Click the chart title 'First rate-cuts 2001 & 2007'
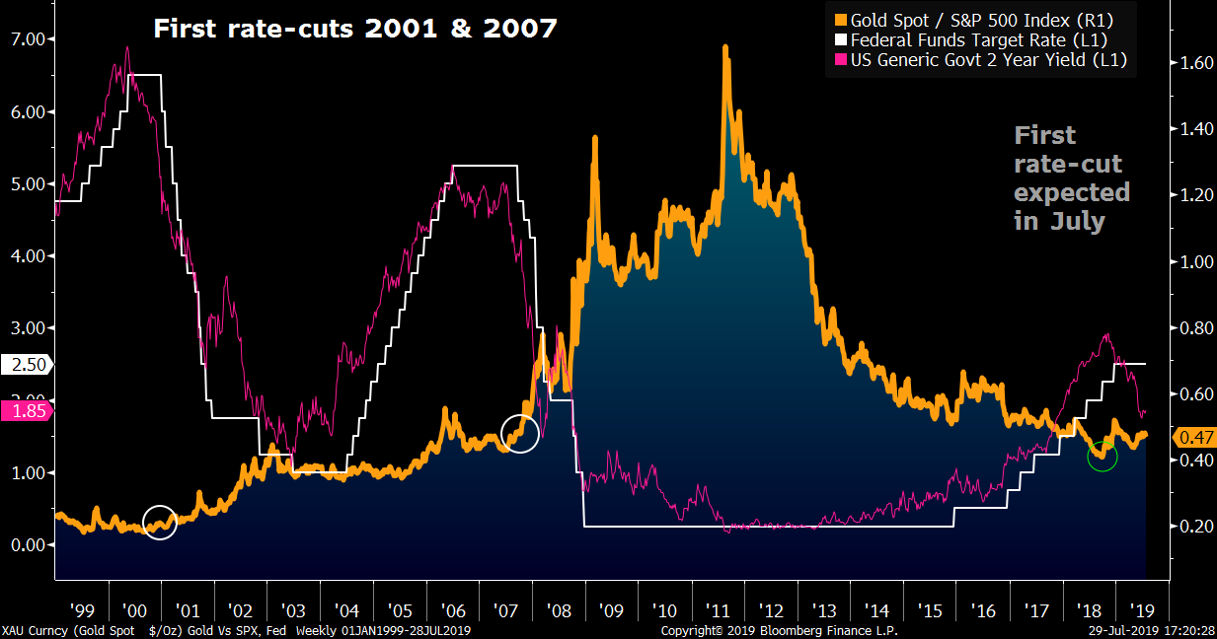(354, 30)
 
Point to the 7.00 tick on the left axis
(34, 39)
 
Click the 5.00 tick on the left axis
(34, 184)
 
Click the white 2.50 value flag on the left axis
(27, 365)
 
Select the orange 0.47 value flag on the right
(1192, 437)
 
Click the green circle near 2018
(1102, 456)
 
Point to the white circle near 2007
(520, 433)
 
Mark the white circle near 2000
(160, 523)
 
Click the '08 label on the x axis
(560, 609)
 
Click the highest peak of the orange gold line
(725, 47)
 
